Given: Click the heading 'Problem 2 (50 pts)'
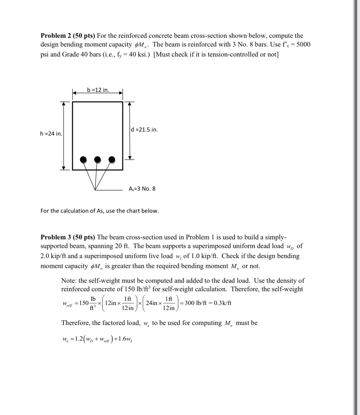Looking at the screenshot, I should pos(68,36).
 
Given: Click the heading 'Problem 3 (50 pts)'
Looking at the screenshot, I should pos(68,237).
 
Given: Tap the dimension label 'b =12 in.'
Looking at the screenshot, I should pos(98,90).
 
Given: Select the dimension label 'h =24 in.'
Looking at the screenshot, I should pos(51,134).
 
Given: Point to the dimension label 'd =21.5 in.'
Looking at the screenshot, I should pos(145,130).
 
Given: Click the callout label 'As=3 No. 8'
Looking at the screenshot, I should pos(142,189).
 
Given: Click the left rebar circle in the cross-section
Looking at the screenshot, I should pos(83,160).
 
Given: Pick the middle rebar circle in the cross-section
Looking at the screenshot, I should pos(98,160).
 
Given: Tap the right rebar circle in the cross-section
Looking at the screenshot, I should pos(112,160).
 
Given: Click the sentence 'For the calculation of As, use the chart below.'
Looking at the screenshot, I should pos(100,211).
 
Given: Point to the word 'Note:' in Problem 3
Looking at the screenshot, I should pos(69,281).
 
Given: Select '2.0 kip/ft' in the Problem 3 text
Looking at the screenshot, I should pos(53,256).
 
